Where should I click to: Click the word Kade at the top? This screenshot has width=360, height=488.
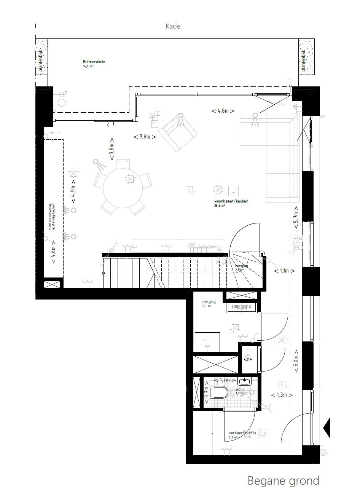click(173, 26)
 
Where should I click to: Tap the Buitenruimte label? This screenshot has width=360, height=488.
click(94, 62)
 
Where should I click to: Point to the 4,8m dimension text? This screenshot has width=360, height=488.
click(223, 111)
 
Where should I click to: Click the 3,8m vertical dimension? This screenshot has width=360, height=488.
click(112, 149)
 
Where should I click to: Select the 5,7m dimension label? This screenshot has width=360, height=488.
click(296, 218)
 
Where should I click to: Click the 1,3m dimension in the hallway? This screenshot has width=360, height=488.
click(282, 395)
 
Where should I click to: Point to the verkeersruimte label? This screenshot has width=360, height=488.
click(242, 433)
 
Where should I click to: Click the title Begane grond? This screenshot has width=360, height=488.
click(283, 480)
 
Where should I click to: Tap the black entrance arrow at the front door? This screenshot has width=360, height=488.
click(327, 427)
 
